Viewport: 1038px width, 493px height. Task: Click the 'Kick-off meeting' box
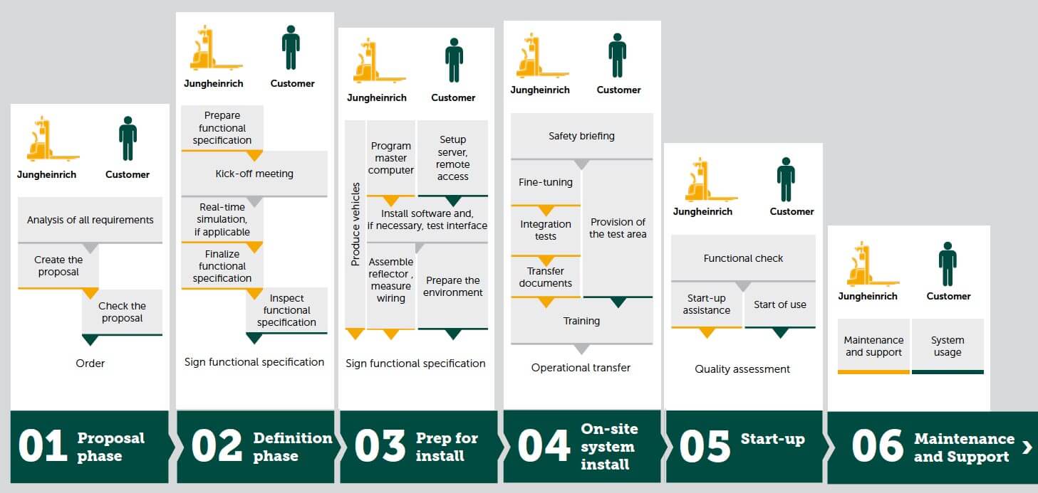coord(254,174)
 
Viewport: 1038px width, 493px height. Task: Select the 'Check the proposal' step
coord(123,312)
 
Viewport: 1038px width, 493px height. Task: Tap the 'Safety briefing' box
coord(581,136)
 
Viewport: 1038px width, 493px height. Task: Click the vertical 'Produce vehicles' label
coord(355,224)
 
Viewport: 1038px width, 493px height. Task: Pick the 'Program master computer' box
coord(391,158)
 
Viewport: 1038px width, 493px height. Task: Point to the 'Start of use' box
coord(780,304)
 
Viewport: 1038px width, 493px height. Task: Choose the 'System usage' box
coord(948,346)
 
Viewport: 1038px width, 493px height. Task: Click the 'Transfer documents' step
coord(546,277)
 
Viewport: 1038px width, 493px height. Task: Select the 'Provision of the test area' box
coord(618,228)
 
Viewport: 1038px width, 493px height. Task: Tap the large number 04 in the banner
coord(544,447)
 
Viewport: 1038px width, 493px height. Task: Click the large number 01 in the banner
coord(43,447)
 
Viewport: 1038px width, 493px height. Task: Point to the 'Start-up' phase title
coord(773,439)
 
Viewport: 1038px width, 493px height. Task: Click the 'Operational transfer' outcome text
coord(581,368)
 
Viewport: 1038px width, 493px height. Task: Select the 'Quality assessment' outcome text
coord(742,369)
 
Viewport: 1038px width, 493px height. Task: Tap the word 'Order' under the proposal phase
coord(90,364)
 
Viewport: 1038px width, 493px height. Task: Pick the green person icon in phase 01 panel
coord(128,138)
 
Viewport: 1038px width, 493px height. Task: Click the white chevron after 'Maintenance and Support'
coord(1027,447)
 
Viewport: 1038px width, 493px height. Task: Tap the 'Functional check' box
coord(743,258)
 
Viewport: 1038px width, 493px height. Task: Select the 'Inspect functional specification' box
coord(286,310)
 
